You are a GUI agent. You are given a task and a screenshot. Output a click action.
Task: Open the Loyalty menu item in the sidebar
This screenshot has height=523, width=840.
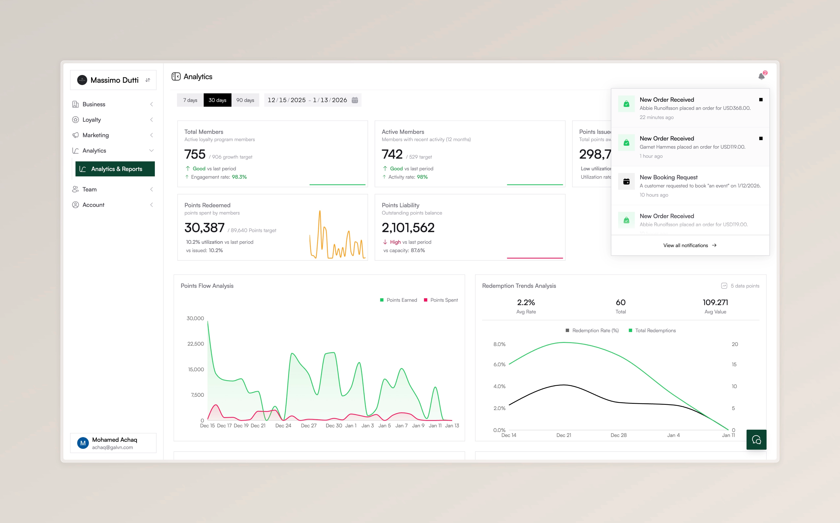point(92,120)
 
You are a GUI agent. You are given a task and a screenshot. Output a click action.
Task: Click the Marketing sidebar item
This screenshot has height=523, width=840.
point(96,135)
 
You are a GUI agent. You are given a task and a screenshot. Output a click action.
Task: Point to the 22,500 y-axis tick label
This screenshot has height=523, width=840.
point(196,344)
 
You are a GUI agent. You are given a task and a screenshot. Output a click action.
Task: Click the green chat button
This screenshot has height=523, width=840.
point(756,440)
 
